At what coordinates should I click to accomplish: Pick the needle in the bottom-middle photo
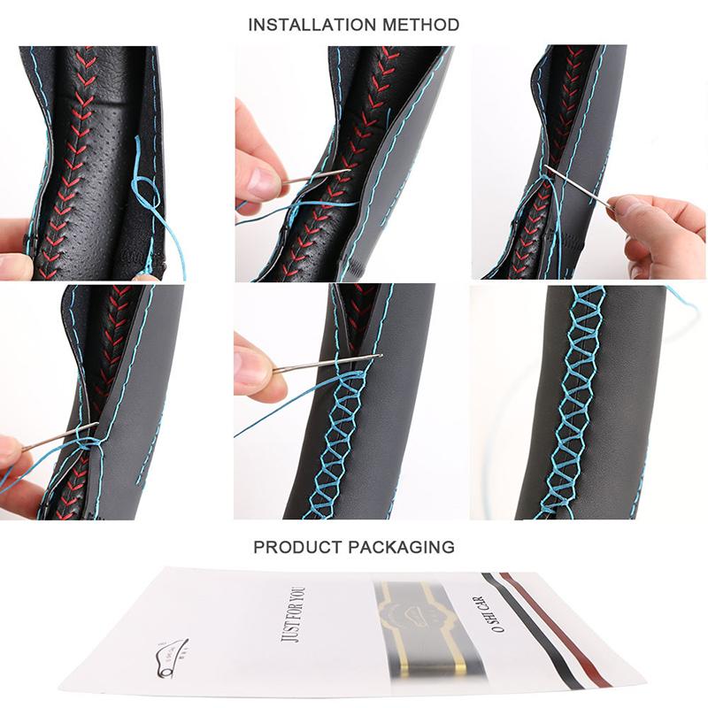pyautogui.click(x=327, y=364)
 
